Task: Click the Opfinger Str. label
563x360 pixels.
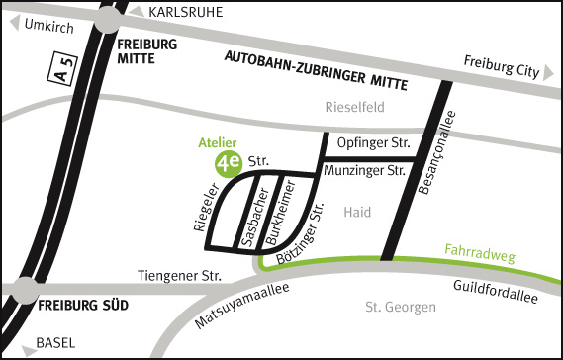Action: point(372,144)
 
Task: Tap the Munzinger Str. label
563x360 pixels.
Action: point(366,172)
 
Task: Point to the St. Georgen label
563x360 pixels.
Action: point(400,308)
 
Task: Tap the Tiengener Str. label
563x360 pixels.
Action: point(178,276)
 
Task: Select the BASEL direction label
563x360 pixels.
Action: point(54,343)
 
